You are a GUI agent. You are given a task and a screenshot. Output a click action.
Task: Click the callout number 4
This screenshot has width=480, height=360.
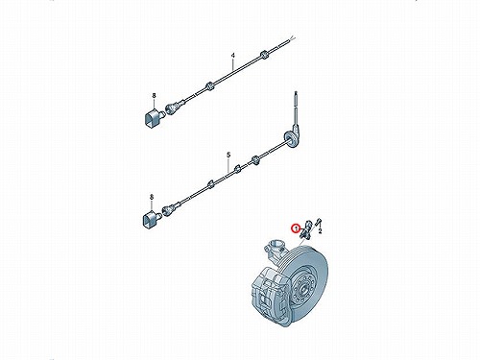pos(233,56)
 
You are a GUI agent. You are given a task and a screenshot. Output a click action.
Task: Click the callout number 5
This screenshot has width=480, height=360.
pos(228,155)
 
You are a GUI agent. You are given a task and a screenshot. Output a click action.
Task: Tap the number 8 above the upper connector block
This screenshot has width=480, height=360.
pos(154,95)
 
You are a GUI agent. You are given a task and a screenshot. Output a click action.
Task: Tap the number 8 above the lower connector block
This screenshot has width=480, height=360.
pos(152,197)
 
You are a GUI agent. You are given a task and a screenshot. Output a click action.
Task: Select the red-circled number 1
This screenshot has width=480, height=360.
pos(296,228)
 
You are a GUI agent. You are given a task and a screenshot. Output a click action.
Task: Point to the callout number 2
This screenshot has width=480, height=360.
pos(320,230)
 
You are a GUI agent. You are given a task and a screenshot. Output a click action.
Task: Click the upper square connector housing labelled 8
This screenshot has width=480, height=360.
pos(153,117)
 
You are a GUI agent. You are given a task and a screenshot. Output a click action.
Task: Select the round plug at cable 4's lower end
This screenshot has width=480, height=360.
pos(173,107)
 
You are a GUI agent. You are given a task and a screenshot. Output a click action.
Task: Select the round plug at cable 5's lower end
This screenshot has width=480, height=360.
pos(170,208)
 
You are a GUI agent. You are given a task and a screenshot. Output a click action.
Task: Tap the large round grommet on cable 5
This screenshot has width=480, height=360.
pos(291,139)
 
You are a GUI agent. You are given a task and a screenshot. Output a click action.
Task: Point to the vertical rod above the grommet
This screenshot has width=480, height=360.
pos(297,108)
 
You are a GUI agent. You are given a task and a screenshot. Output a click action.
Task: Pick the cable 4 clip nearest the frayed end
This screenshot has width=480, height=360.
pos(264,55)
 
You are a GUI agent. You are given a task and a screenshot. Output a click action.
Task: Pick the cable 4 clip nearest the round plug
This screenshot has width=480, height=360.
pos(209,85)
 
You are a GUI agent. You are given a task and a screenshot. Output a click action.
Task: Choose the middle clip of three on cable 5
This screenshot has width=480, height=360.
pos(237,169)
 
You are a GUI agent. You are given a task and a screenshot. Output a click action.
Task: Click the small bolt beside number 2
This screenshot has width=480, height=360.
pos(319,222)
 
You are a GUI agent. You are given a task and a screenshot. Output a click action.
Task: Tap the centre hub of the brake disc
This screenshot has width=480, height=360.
pos(304,287)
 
